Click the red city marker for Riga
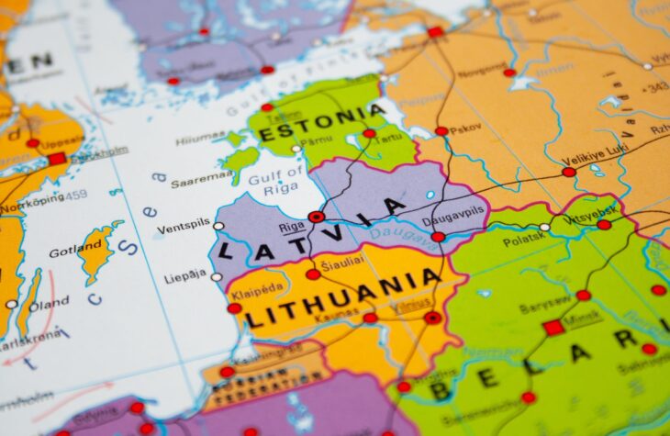tap(317, 218)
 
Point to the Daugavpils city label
tap(452, 221)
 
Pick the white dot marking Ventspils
tap(218, 226)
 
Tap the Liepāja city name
tap(185, 276)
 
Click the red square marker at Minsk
tap(553, 328)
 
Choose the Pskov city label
tap(464, 129)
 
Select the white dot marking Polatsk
tap(544, 227)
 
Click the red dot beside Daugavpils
tap(438, 237)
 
